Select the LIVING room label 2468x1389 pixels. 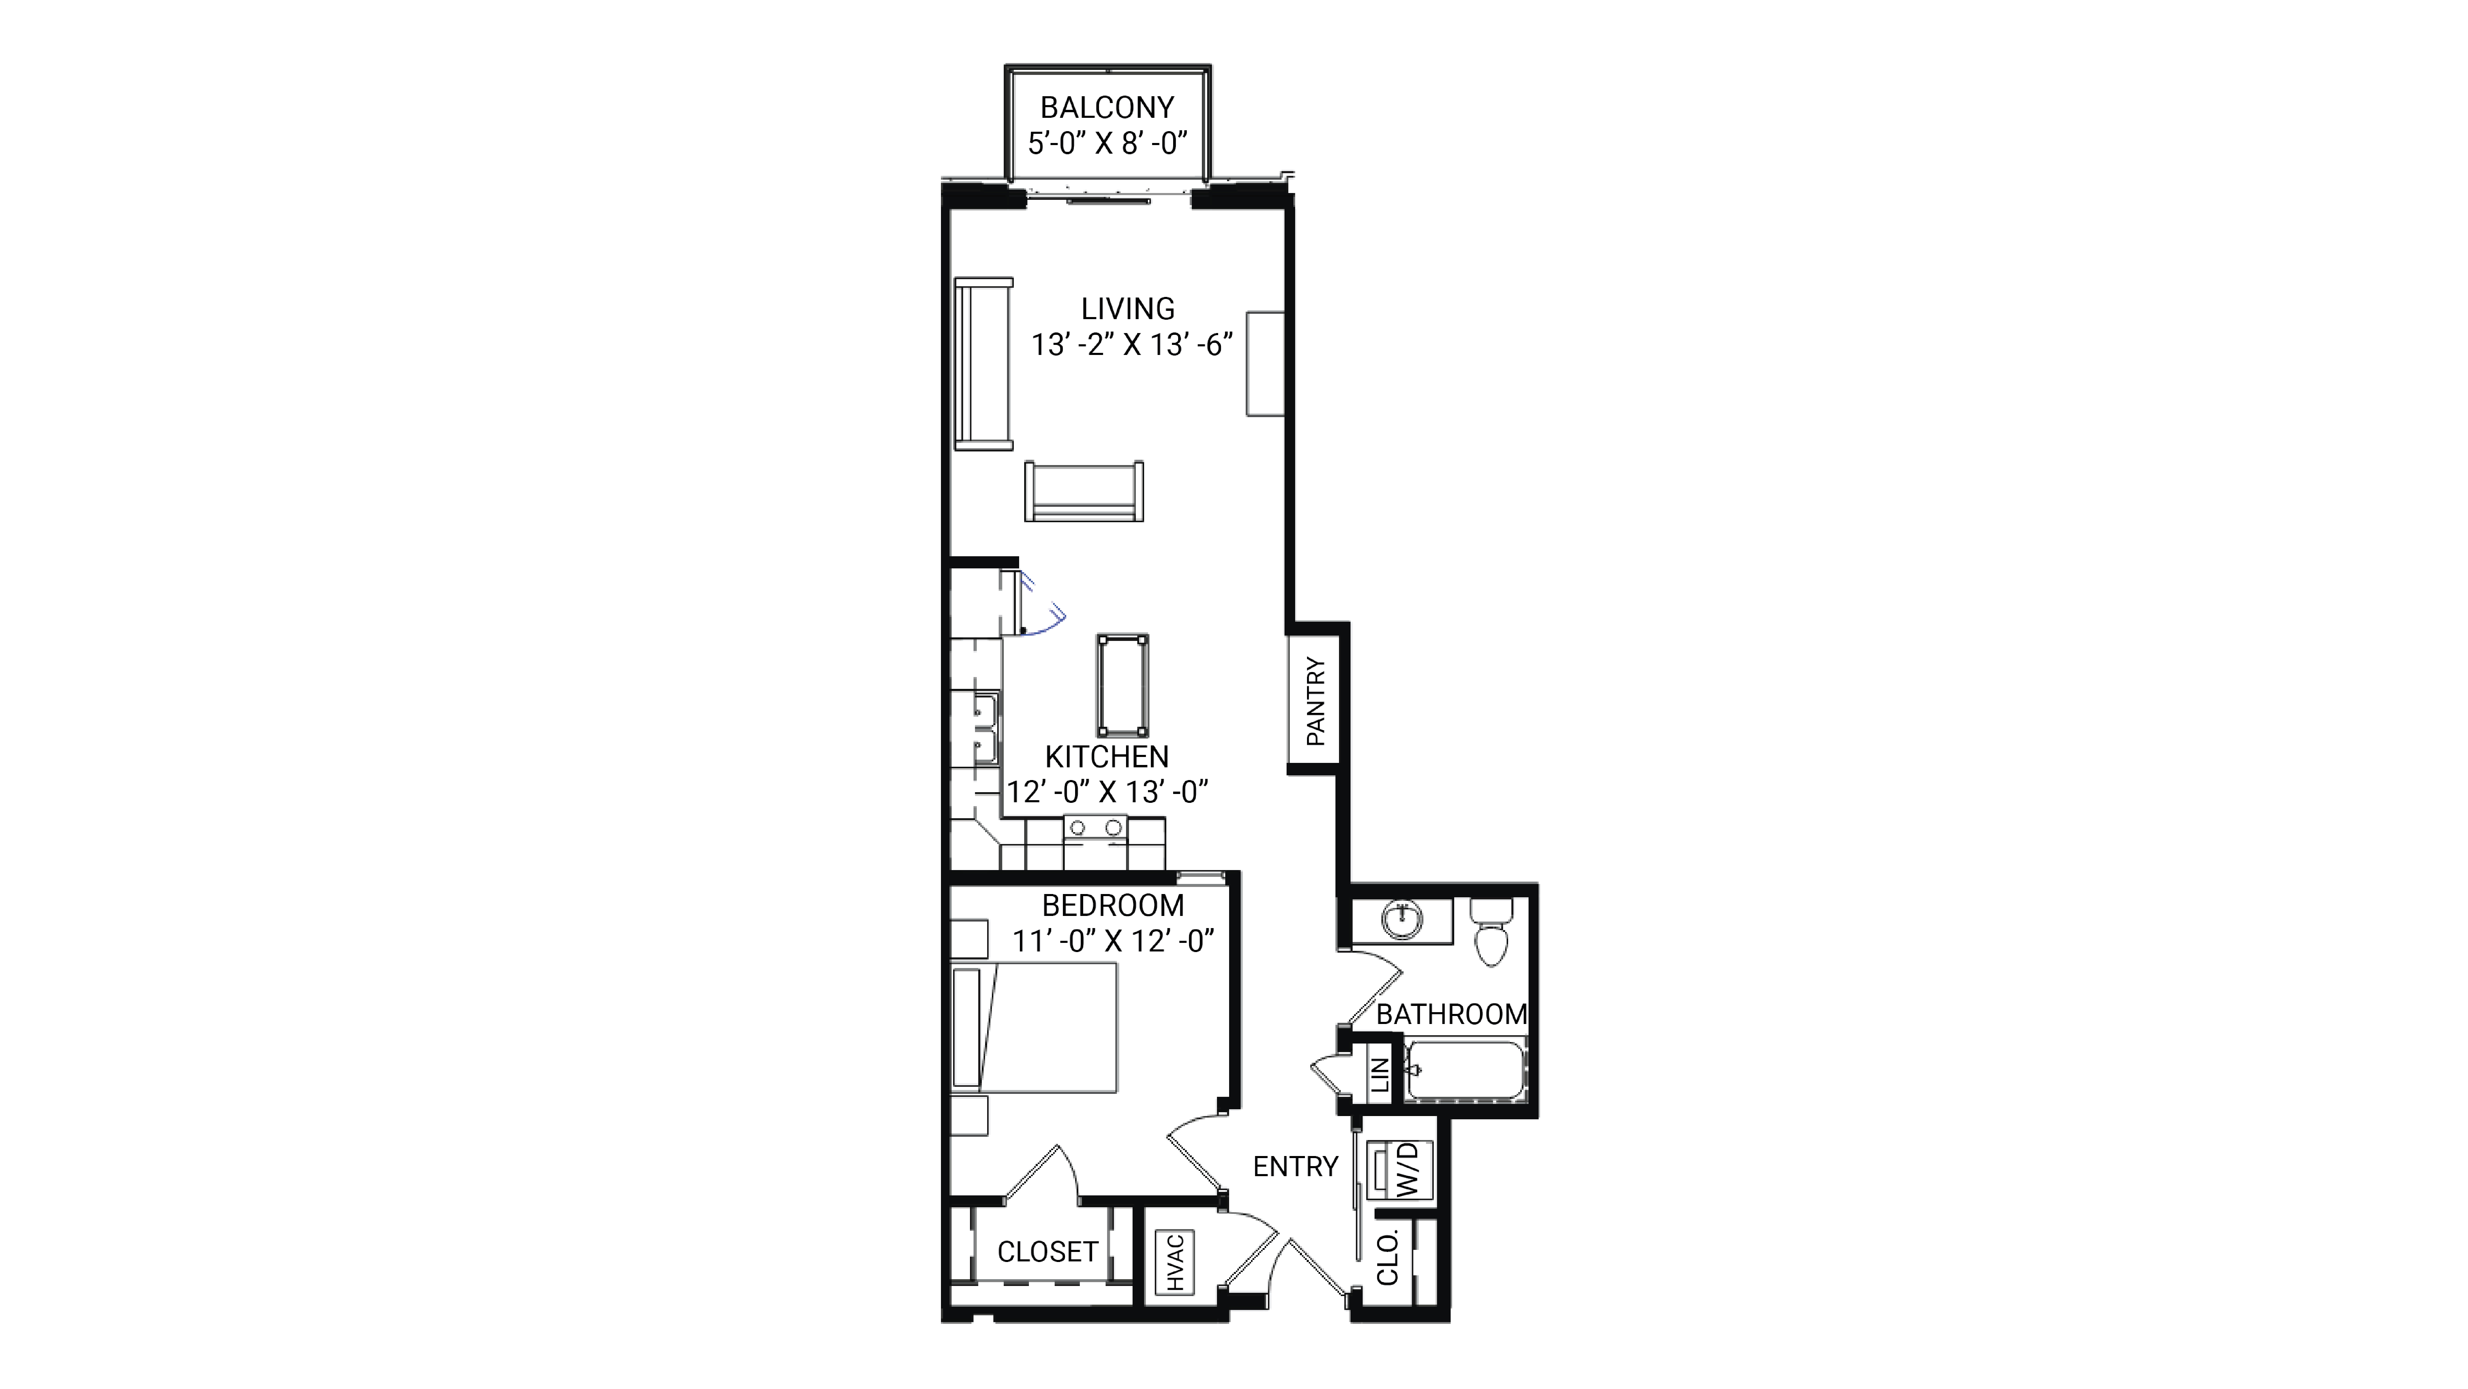point(1128,308)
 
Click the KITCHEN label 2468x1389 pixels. point(1106,757)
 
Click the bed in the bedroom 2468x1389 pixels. point(1035,1027)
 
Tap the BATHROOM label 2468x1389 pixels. point(1452,1015)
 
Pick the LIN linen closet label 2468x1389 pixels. point(1380,1075)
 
